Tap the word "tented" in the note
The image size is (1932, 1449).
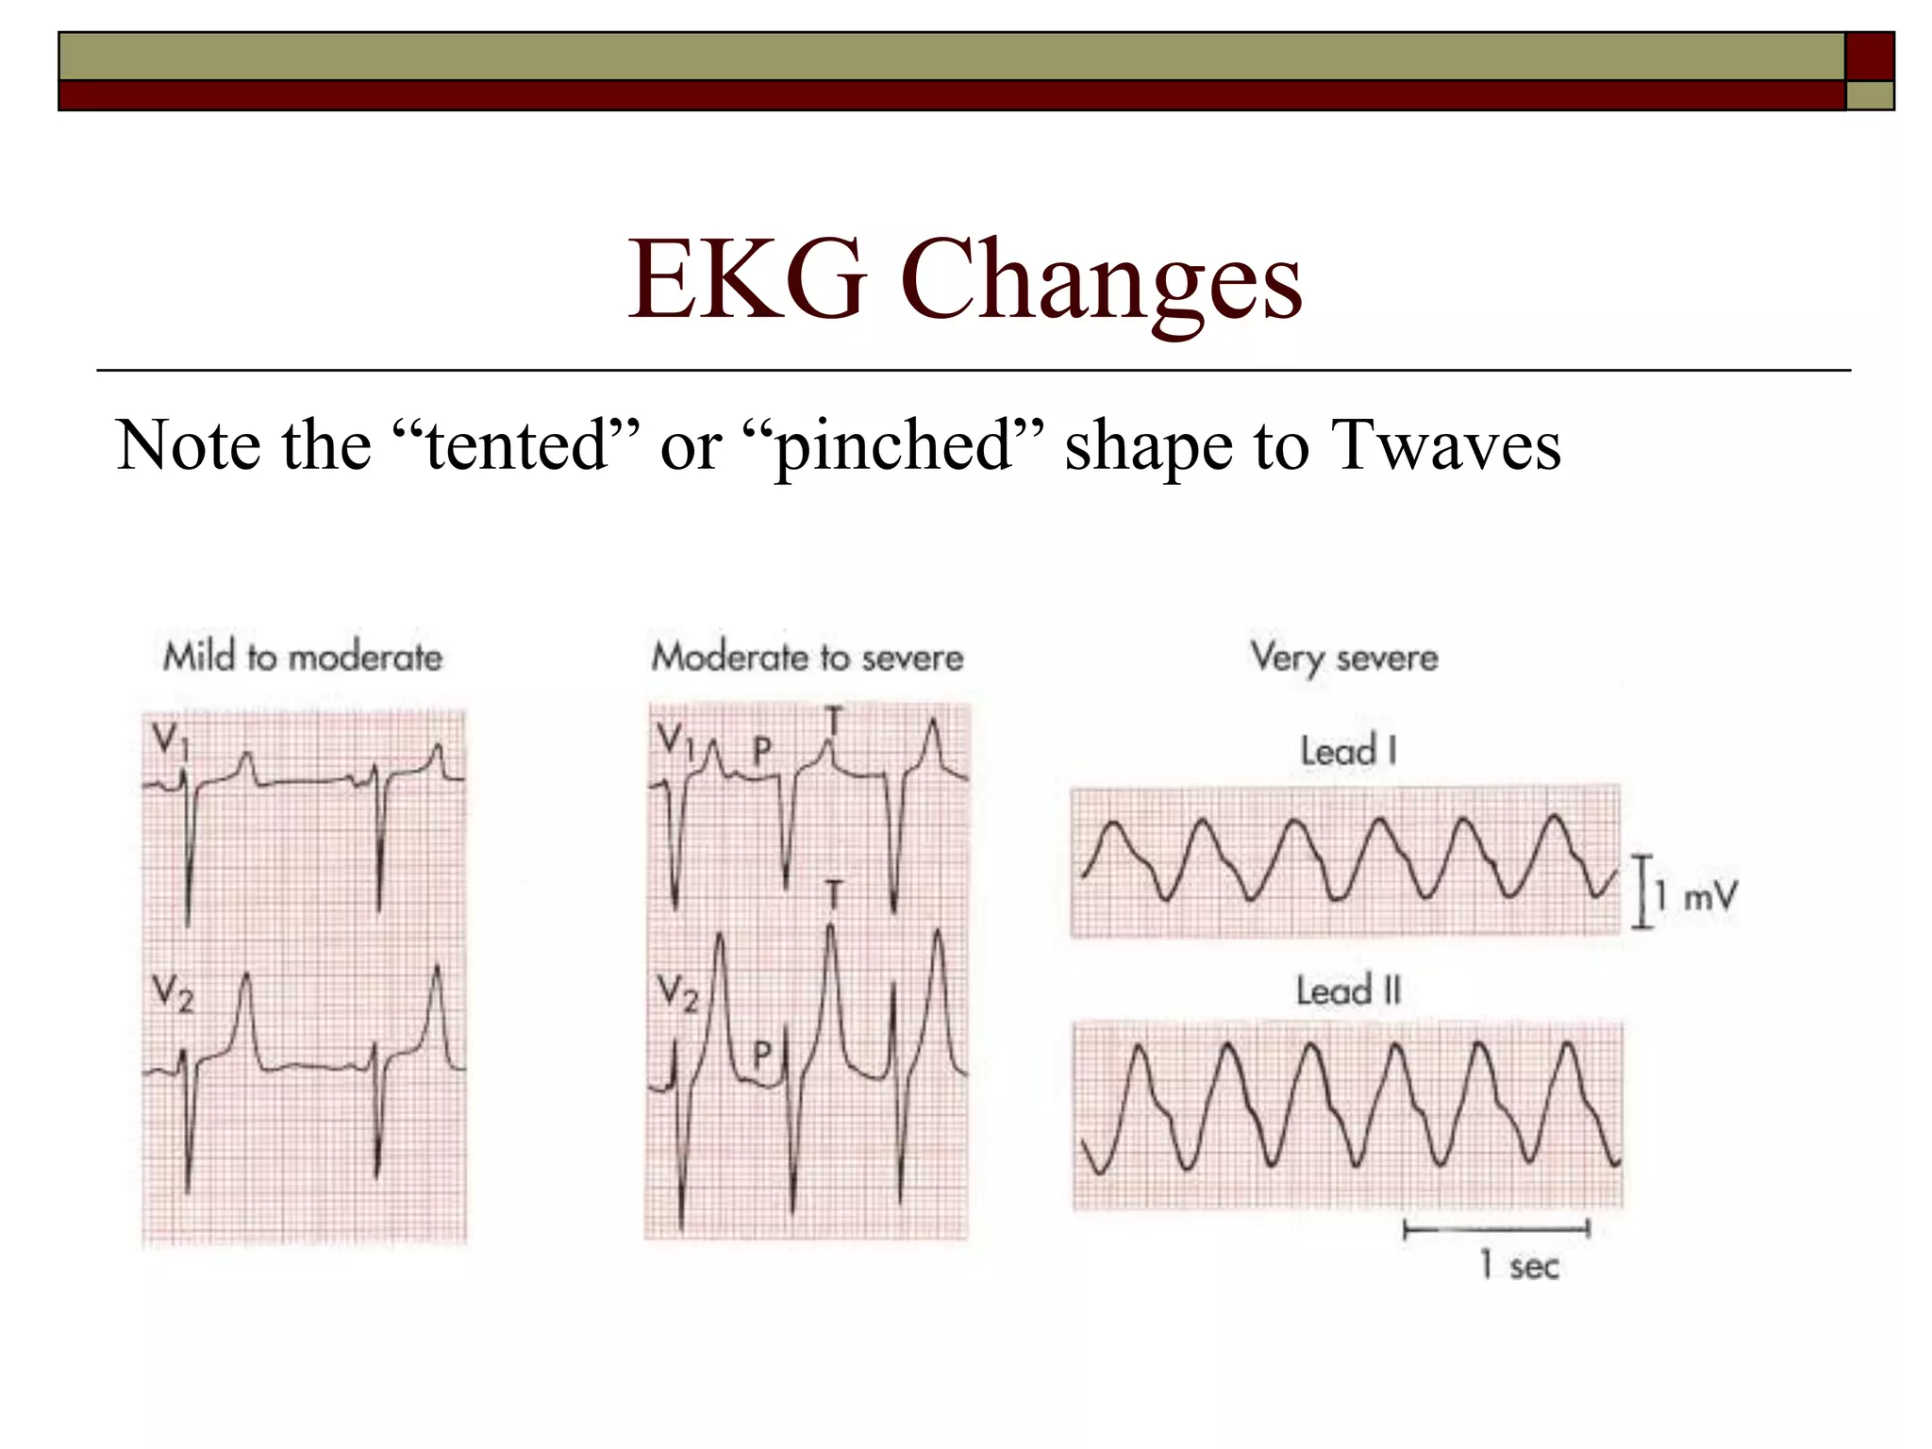point(515,444)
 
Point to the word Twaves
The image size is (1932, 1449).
point(1446,444)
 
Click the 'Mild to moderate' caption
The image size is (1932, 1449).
point(303,657)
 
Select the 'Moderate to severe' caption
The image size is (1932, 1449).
point(808,657)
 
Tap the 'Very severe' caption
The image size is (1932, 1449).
point(1344,657)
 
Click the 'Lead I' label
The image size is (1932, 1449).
point(1348,752)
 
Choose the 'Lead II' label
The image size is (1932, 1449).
point(1348,991)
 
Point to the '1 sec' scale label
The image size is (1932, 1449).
point(1519,1265)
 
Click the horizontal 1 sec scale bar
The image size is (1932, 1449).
point(1496,1228)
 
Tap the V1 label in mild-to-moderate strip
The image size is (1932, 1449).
point(171,741)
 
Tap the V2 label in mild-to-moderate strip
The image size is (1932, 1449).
point(173,994)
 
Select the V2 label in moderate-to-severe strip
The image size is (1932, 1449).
point(677,994)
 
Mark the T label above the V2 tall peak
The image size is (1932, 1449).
point(833,892)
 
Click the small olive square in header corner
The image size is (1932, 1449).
point(1870,95)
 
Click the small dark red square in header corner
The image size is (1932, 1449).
point(1870,57)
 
